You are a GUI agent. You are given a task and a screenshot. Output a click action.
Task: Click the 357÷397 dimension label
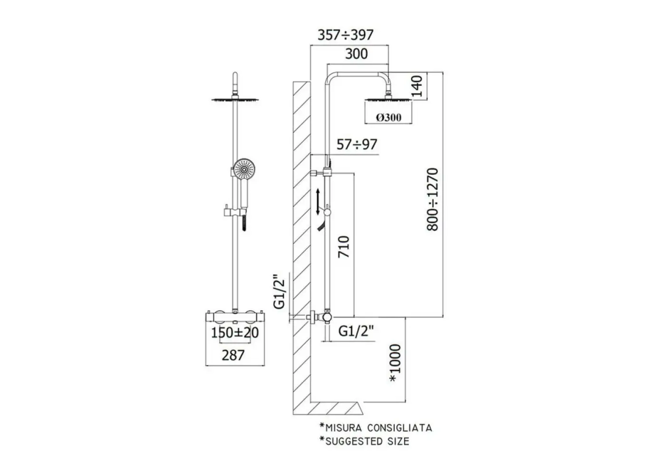pos(346,35)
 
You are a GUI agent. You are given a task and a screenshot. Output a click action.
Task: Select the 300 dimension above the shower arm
pos(356,54)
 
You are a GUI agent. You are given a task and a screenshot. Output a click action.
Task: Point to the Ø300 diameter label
pos(389,117)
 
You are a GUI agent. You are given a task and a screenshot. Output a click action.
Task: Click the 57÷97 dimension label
pos(357,144)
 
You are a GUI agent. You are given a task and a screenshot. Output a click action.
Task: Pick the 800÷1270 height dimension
pos(433,199)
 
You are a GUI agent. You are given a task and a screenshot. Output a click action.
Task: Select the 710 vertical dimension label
pos(344,247)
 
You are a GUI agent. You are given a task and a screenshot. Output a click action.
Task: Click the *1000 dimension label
pos(395,363)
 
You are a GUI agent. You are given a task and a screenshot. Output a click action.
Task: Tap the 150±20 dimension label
pos(235,333)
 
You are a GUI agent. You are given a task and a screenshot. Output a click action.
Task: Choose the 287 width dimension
pos(233,355)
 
